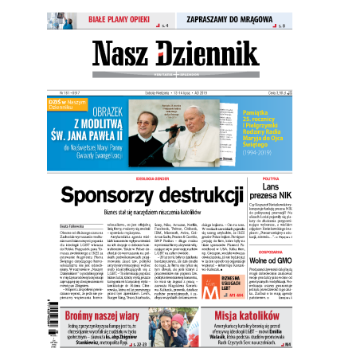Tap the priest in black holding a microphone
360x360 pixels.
(172, 123)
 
